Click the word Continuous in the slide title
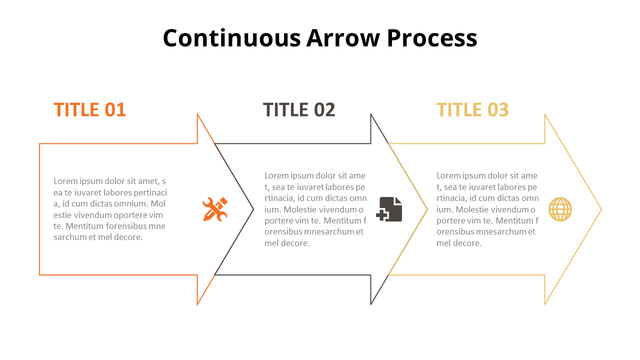pos(231,38)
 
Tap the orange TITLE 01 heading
pos(89,110)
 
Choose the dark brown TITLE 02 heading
pos(299,110)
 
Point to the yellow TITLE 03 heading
pos(472,110)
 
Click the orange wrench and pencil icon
pos(215,209)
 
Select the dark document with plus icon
pos(389,209)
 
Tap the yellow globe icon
pos(560,209)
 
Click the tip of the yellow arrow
pos(600,209)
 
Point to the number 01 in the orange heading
pos(114,110)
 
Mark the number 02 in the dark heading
pos(324,110)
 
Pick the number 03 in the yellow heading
pos(498,110)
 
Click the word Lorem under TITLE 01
pos(65,181)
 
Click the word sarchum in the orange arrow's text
pos(69,237)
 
